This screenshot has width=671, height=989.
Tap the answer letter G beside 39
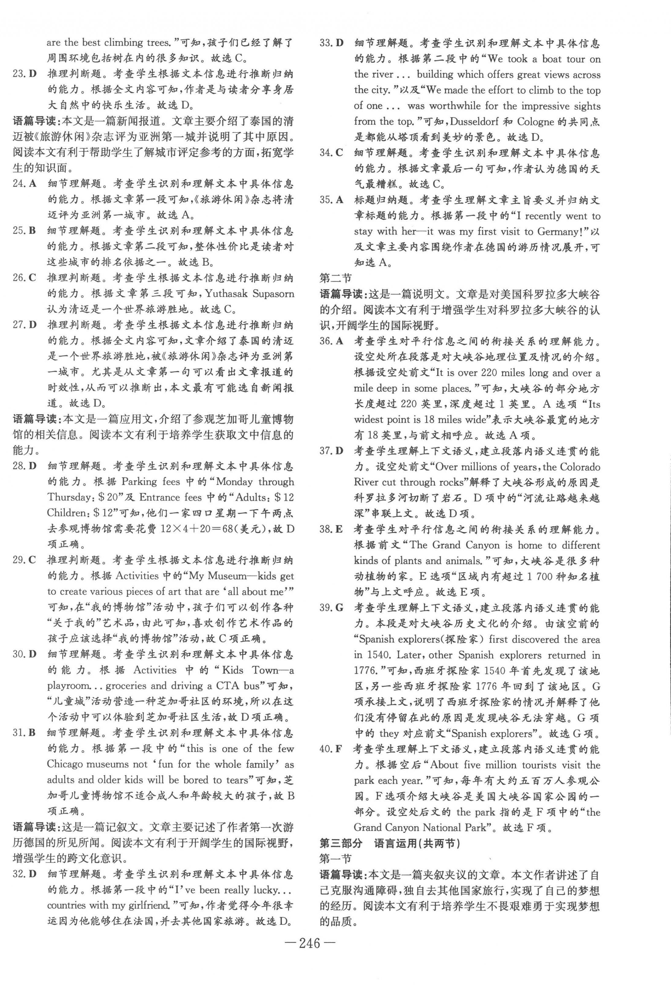click(339, 608)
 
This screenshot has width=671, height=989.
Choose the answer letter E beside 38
click(339, 530)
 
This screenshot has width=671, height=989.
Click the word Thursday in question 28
click(67, 497)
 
